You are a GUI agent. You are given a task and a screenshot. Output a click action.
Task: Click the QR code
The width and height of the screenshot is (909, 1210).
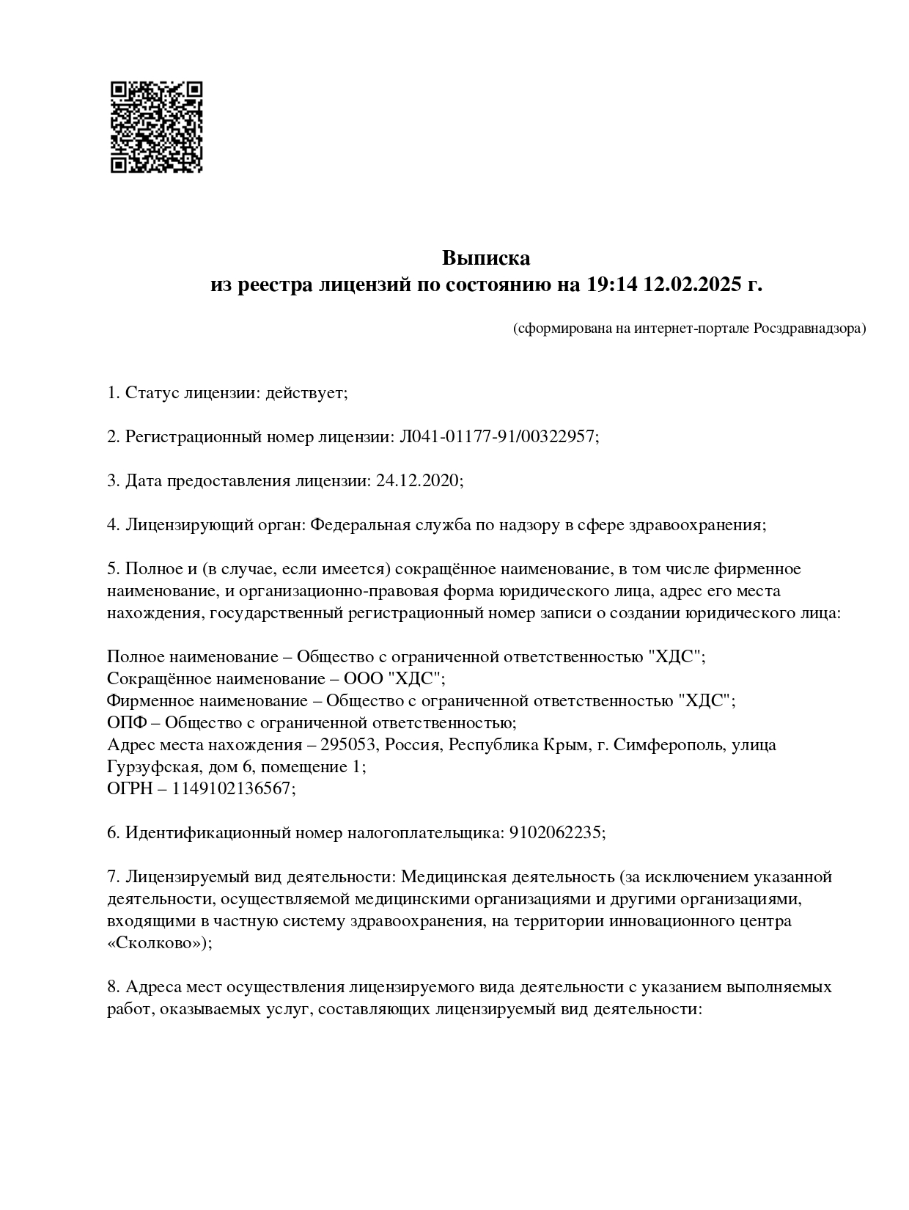click(156, 127)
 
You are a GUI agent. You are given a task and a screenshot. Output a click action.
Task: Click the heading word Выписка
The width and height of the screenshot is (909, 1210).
click(485, 258)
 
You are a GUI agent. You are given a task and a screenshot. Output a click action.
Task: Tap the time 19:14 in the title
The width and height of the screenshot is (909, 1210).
click(611, 285)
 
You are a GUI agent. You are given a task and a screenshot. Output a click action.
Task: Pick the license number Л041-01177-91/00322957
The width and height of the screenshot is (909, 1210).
click(497, 437)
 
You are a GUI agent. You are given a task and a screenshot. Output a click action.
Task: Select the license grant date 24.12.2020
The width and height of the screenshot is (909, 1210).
click(419, 481)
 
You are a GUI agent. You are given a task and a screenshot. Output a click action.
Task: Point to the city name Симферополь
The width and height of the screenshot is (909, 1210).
click(668, 745)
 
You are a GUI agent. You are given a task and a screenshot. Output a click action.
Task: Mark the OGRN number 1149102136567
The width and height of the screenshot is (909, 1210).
click(234, 789)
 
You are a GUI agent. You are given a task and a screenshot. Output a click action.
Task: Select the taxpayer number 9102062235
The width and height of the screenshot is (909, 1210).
click(556, 833)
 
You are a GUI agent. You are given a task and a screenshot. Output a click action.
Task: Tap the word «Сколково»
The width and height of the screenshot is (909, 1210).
click(158, 943)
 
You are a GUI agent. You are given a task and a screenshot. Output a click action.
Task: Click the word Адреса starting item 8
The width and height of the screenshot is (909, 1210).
click(152, 987)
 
